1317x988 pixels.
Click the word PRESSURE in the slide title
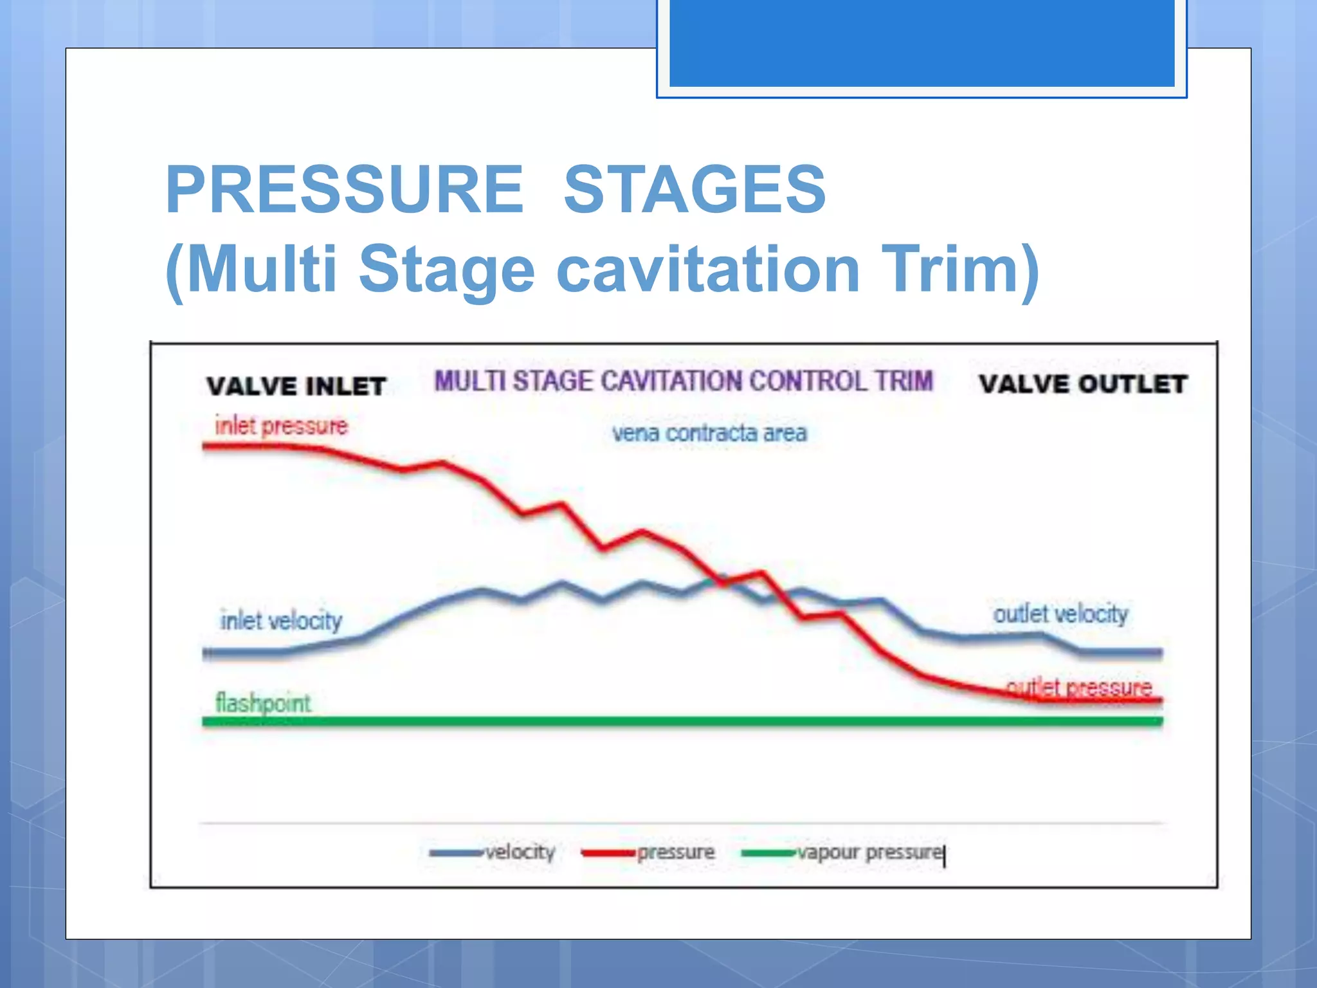tap(345, 190)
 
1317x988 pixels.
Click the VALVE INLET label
tap(296, 386)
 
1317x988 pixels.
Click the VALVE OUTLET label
tap(1083, 384)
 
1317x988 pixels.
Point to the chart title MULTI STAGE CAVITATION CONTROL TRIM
tap(683, 381)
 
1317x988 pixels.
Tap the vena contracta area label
tap(709, 433)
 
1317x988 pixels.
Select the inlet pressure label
tap(281, 426)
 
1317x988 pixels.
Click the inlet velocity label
tap(281, 621)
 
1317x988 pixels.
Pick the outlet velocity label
tap(1060, 614)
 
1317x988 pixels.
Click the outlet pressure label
tap(1079, 688)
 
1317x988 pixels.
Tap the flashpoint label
tap(262, 702)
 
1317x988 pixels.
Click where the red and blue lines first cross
tap(717, 578)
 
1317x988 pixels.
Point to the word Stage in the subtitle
tap(446, 269)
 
